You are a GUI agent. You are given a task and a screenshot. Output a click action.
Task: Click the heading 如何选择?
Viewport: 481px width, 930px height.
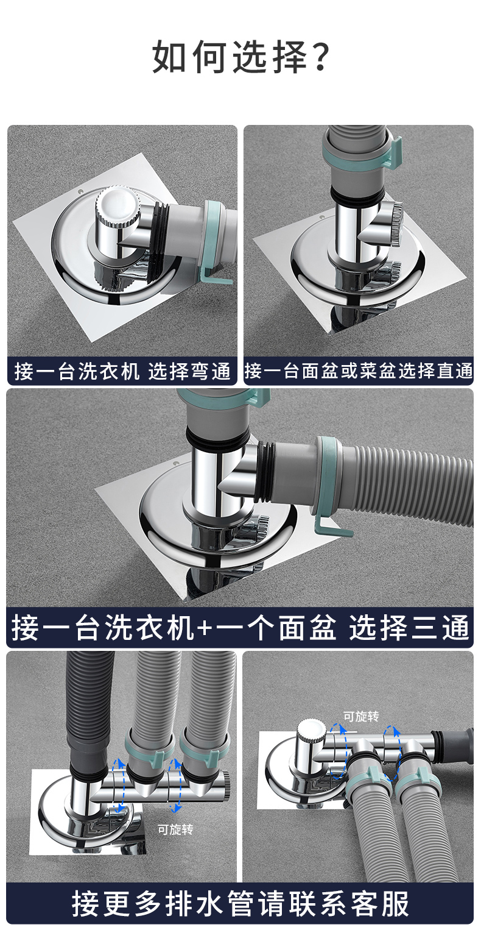coord(240,57)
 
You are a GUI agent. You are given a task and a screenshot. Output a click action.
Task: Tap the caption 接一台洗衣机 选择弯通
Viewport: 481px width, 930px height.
coord(122,371)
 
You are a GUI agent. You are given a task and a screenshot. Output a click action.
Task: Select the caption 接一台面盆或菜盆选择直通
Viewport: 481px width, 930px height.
coord(358,371)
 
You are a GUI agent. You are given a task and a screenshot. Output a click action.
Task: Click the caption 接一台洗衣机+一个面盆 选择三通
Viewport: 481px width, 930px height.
coord(240,627)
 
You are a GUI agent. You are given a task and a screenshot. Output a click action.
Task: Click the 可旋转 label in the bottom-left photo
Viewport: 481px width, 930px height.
coord(175,829)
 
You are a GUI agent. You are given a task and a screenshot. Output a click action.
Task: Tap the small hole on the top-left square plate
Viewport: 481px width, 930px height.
coord(79,192)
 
